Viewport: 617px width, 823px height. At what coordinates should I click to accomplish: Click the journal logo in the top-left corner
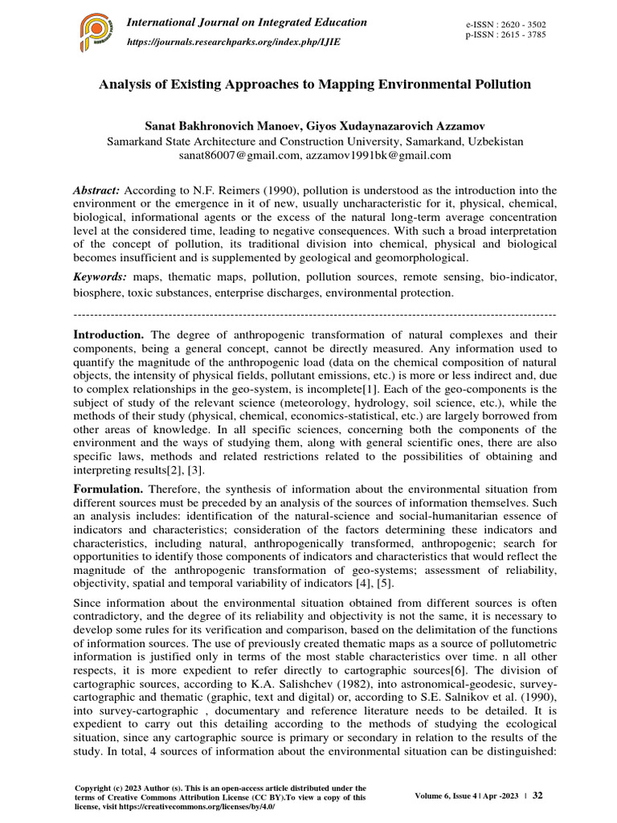[x=96, y=31]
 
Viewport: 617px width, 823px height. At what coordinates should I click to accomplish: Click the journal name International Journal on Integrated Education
[x=248, y=23]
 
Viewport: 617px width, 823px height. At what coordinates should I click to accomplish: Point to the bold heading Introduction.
[x=108, y=334]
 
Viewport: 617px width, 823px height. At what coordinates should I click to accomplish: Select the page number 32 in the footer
[x=538, y=796]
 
